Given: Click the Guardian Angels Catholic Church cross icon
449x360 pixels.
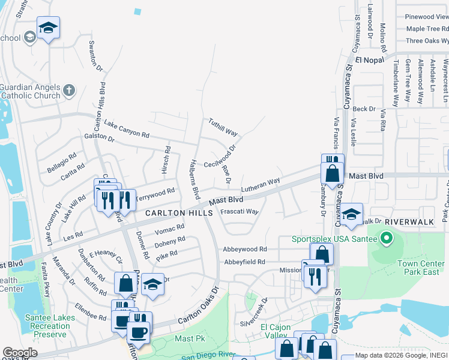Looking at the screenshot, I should point(69,91).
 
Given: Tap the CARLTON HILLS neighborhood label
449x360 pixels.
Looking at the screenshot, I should point(179,213).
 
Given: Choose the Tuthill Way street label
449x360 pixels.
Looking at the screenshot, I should point(223,126).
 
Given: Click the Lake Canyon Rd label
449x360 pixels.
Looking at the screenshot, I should point(126,128).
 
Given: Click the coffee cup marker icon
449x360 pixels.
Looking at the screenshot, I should point(139,331).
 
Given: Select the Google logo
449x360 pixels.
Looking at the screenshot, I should point(20,353).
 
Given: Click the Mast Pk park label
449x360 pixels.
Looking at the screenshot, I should point(185,338).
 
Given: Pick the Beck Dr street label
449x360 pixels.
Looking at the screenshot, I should point(364,109).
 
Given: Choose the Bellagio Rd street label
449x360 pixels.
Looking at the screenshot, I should point(62,160).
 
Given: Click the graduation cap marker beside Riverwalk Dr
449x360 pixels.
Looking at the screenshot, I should point(352,214).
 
